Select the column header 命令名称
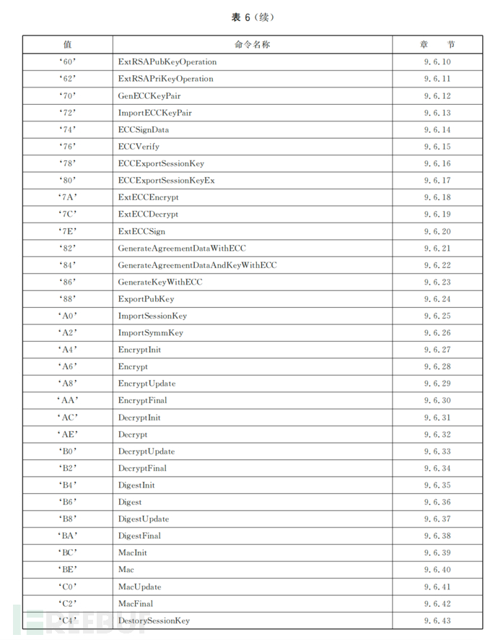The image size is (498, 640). coord(252,45)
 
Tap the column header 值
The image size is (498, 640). coord(68,45)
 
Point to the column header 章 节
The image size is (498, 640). coord(437,45)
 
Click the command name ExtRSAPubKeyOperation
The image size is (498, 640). coord(167,62)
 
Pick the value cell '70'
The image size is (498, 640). coord(68,96)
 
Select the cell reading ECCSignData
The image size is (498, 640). coord(144,130)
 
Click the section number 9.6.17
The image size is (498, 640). coord(437,181)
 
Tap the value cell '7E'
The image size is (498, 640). coord(68,232)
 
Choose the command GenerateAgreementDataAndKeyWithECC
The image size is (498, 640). coord(197,266)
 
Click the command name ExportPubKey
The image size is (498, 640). coord(146,299)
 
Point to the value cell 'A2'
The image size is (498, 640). coord(68,333)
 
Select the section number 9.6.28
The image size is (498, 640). coord(437,367)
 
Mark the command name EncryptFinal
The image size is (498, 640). coord(143,401)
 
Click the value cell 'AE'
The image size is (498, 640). coord(68,435)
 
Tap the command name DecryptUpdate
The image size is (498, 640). coord(147,451)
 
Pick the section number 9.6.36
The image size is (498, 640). coord(437,502)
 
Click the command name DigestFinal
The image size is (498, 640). coord(139,536)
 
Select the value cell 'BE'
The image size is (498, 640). coord(68,570)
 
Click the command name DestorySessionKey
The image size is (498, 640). coord(154,620)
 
